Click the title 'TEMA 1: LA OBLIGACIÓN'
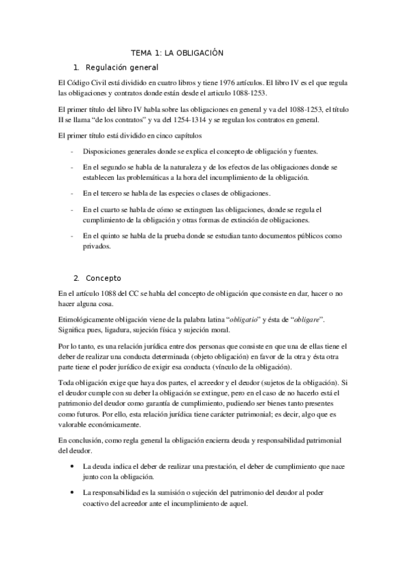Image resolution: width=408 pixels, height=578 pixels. tap(177, 52)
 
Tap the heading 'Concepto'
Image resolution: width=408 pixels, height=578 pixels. tap(104, 277)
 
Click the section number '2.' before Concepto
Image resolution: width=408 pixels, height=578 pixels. tap(77, 277)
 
